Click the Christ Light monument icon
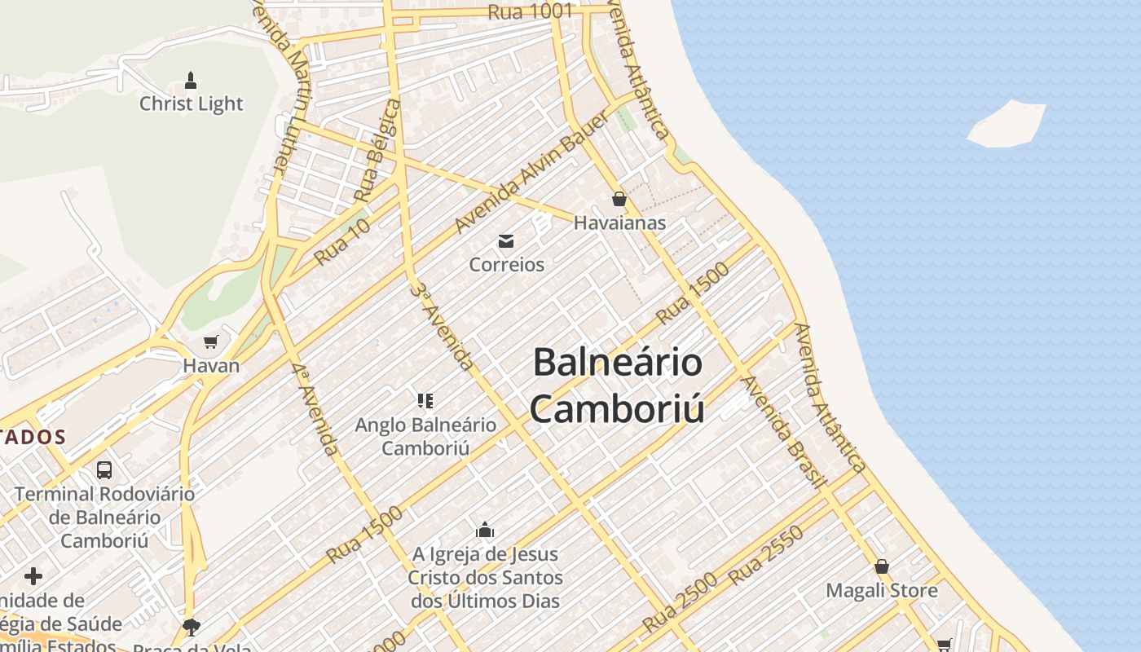click(x=191, y=80)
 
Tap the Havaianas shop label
click(x=619, y=222)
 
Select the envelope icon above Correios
click(x=506, y=240)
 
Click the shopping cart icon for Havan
click(x=211, y=341)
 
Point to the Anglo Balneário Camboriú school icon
click(x=425, y=400)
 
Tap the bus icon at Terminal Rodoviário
click(x=104, y=469)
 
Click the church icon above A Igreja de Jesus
click(x=485, y=531)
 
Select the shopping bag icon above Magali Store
click(x=881, y=566)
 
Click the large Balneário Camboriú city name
click(x=617, y=385)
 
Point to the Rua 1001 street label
click(x=531, y=11)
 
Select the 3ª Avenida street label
click(x=442, y=326)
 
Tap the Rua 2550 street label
click(x=766, y=556)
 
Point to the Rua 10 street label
click(x=342, y=241)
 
